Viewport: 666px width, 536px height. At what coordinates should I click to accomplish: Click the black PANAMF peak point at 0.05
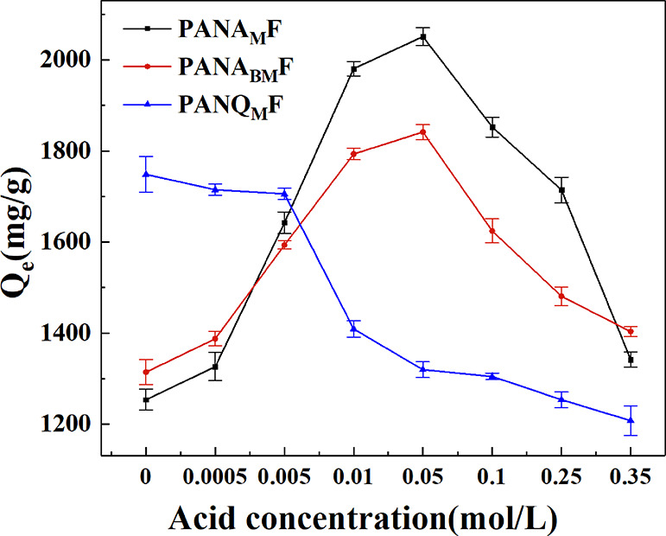click(422, 36)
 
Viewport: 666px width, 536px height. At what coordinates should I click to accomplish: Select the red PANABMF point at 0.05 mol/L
click(422, 131)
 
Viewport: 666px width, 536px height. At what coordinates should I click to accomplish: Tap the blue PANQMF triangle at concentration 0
click(146, 174)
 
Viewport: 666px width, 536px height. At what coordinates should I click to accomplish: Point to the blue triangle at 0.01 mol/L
click(353, 329)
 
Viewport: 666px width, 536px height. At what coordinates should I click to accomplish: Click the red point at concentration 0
click(146, 372)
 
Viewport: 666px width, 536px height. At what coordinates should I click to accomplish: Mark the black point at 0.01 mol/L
click(353, 68)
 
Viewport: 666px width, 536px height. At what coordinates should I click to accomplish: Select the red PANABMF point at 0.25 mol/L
click(561, 296)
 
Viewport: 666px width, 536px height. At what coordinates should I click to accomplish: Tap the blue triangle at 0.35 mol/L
click(631, 420)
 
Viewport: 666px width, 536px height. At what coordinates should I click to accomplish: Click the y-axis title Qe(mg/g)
click(25, 239)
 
